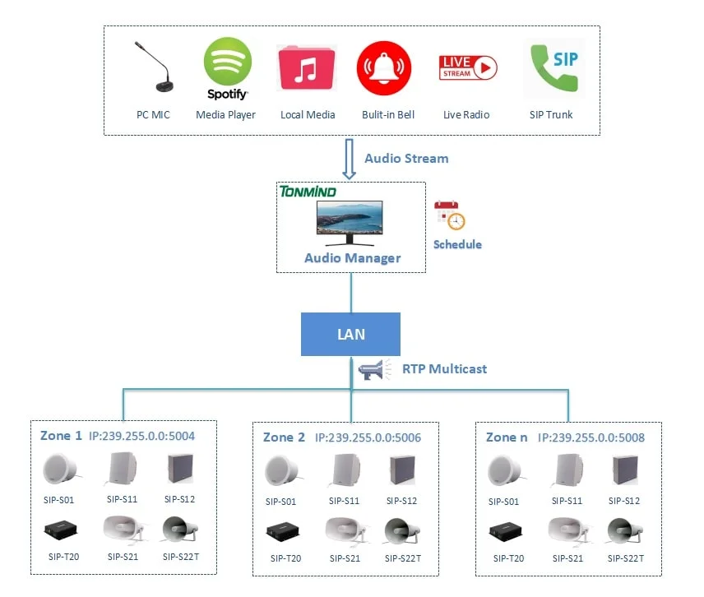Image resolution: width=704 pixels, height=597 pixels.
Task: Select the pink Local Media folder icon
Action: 308,67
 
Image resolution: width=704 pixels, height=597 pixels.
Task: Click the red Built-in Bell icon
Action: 384,67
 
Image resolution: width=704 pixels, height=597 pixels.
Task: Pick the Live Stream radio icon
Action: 468,67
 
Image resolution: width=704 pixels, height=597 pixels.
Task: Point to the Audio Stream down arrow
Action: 349,159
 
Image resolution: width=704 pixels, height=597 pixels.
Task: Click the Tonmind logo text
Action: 308,192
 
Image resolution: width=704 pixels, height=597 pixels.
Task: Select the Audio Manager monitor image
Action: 351,223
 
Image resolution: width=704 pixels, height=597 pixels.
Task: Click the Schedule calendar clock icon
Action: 450,215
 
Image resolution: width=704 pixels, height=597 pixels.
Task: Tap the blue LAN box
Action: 350,335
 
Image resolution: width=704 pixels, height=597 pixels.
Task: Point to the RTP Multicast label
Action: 444,369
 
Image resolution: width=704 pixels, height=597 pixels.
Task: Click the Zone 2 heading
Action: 284,437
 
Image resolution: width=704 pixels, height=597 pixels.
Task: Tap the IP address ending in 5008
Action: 591,438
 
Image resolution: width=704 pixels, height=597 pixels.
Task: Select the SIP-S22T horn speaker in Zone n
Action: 624,530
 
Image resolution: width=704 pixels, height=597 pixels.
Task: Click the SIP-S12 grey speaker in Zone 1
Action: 179,470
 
